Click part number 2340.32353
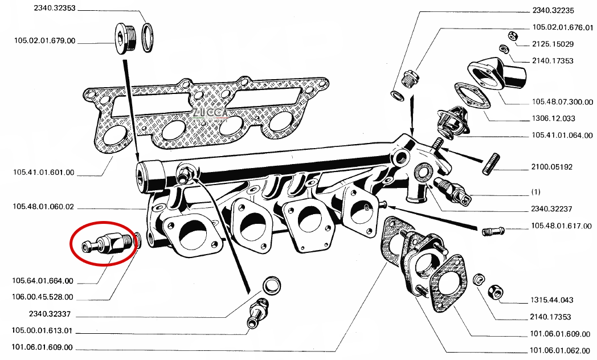coord(55,8)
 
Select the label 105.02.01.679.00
coord(45,40)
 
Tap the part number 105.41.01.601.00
coord(44,173)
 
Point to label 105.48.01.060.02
coord(43,207)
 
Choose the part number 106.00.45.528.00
coord(42,297)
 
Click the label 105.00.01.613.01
coord(42,331)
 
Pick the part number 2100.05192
coord(551,167)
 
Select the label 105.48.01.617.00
coord(562,226)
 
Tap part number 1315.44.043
coord(551,300)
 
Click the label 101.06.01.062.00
coord(560,350)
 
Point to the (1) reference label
coord(535,192)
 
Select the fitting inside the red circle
coord(108,244)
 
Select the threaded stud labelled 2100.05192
coord(491,164)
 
